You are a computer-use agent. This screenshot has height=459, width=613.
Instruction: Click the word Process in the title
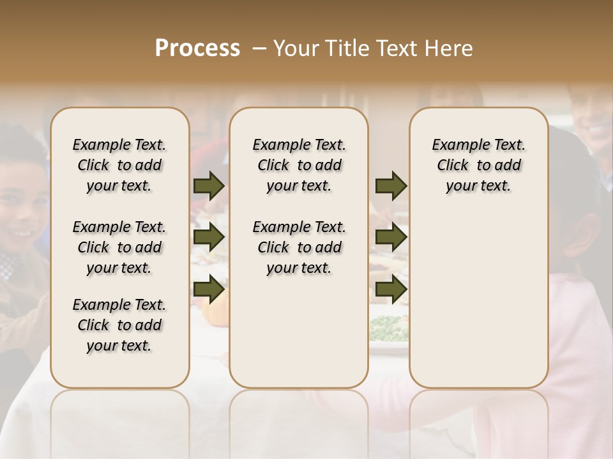click(x=197, y=48)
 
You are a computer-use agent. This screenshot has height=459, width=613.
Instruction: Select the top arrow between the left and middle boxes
click(x=209, y=186)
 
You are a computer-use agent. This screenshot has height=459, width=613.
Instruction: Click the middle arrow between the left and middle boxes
click(x=209, y=237)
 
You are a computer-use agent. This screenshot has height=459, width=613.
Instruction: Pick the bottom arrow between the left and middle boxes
click(x=209, y=289)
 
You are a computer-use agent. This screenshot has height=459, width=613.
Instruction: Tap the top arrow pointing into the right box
click(x=391, y=186)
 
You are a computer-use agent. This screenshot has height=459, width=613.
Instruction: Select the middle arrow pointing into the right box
click(x=391, y=237)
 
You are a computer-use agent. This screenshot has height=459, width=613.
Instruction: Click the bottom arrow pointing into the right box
click(x=391, y=289)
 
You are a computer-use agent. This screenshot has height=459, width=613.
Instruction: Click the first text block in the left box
click(x=119, y=165)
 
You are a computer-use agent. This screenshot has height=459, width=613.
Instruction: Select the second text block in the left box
click(x=119, y=247)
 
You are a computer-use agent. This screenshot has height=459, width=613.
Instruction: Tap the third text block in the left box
click(x=119, y=325)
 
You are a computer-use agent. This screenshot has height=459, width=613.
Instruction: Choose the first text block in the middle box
click(x=299, y=165)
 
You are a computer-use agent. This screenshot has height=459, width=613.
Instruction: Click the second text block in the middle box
click(x=299, y=247)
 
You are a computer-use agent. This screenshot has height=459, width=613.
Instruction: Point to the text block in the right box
click(x=479, y=165)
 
